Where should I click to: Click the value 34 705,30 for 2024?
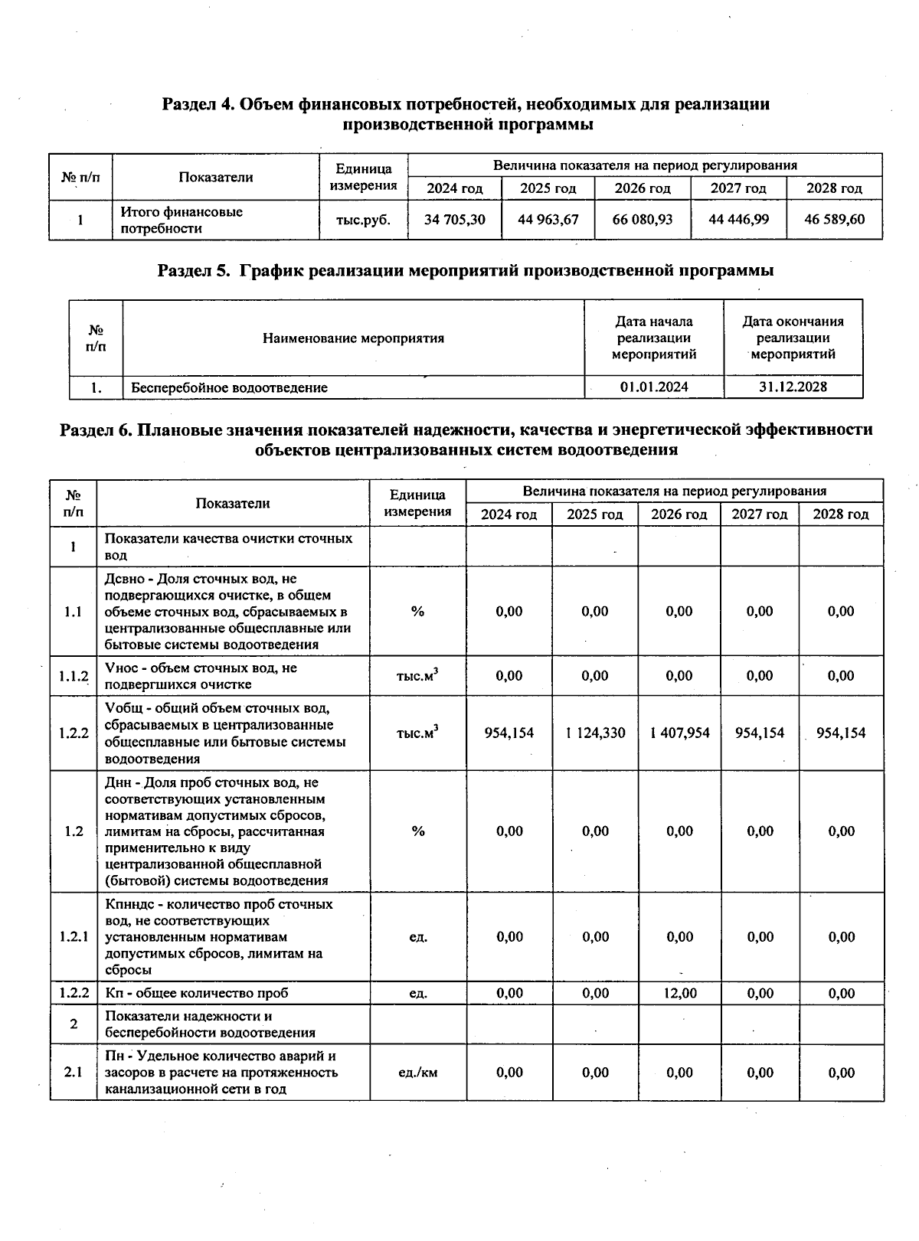(x=455, y=220)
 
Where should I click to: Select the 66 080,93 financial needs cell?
(x=643, y=220)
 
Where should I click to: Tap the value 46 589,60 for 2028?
(x=834, y=220)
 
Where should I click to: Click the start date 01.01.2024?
(x=654, y=387)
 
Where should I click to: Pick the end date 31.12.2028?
(x=793, y=387)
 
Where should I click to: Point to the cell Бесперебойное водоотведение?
(x=229, y=388)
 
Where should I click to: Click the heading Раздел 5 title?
(x=465, y=270)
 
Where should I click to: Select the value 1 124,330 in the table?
(x=595, y=733)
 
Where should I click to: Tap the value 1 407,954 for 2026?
(x=679, y=733)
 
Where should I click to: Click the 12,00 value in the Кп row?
(x=679, y=994)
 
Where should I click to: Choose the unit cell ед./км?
(x=417, y=1073)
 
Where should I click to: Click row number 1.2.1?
(x=74, y=937)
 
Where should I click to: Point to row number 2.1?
(x=74, y=1073)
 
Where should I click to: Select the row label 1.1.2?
(x=74, y=676)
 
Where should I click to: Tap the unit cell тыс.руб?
(x=363, y=220)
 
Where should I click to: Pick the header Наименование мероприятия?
(x=353, y=338)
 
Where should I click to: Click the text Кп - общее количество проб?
(x=197, y=994)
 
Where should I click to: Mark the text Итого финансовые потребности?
(x=182, y=220)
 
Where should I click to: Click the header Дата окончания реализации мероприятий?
(x=793, y=338)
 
